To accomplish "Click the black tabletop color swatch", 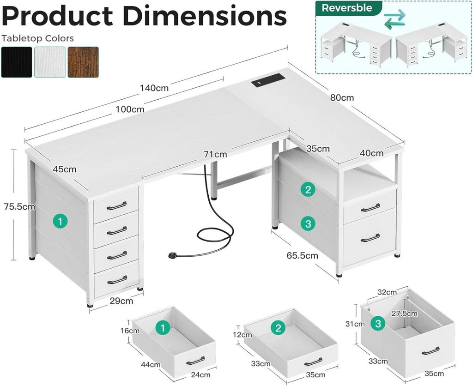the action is [17, 62].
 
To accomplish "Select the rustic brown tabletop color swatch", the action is [83, 62].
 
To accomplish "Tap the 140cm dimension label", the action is [154, 88].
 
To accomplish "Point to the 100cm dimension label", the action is [130, 109].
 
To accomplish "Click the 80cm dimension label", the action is [342, 98].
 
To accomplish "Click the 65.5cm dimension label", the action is [302, 256].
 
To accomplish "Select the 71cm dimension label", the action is [215, 154].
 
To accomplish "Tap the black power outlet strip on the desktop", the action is [268, 80].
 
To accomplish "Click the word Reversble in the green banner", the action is [347, 8].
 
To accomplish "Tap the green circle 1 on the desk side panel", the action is [61, 222].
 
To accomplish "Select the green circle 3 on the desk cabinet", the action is [308, 224].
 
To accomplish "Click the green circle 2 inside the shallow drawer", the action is [278, 328].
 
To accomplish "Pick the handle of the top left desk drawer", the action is [116, 206].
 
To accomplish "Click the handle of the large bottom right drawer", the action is [370, 238].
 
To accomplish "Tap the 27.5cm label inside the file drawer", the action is [405, 314].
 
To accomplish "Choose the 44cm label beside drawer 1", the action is [151, 365].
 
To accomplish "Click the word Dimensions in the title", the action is [205, 16].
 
